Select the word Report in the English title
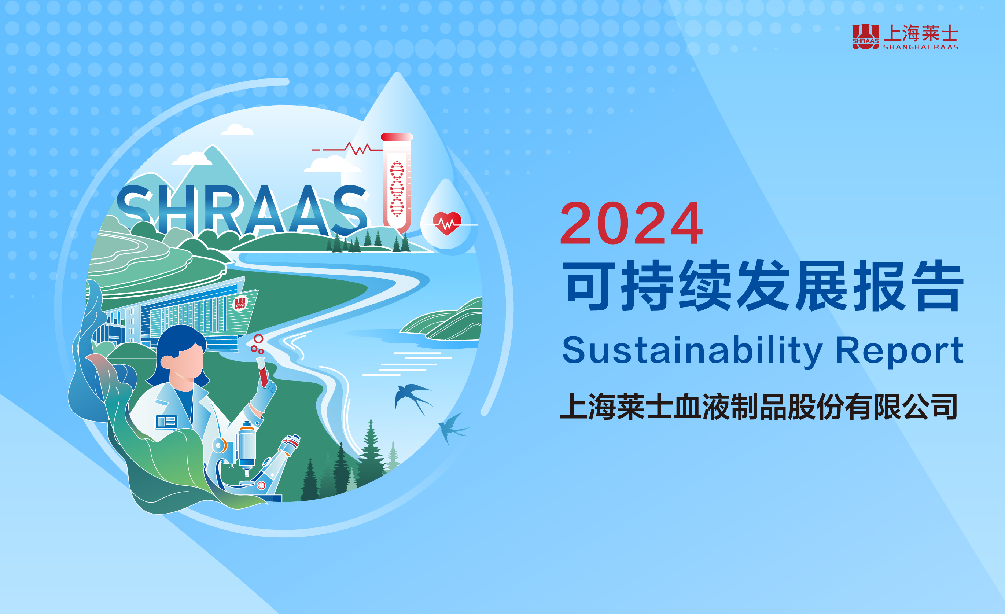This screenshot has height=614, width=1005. pos(899,351)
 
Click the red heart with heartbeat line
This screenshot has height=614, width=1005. pos(447,223)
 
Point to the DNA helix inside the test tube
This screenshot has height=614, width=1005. pos(397,188)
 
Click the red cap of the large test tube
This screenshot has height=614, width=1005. pos(397,137)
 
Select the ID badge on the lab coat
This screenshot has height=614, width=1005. pos(166,422)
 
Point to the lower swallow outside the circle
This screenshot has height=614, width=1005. pos(453,429)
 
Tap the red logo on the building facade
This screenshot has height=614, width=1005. pos(240,303)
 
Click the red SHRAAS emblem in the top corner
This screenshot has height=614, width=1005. pos(865,37)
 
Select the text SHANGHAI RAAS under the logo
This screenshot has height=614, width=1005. pos(921,47)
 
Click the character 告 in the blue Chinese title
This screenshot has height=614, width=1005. pos(939,286)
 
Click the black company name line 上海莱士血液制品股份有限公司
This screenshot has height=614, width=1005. pos(759,407)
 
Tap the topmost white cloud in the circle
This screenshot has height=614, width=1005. pos(237,130)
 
